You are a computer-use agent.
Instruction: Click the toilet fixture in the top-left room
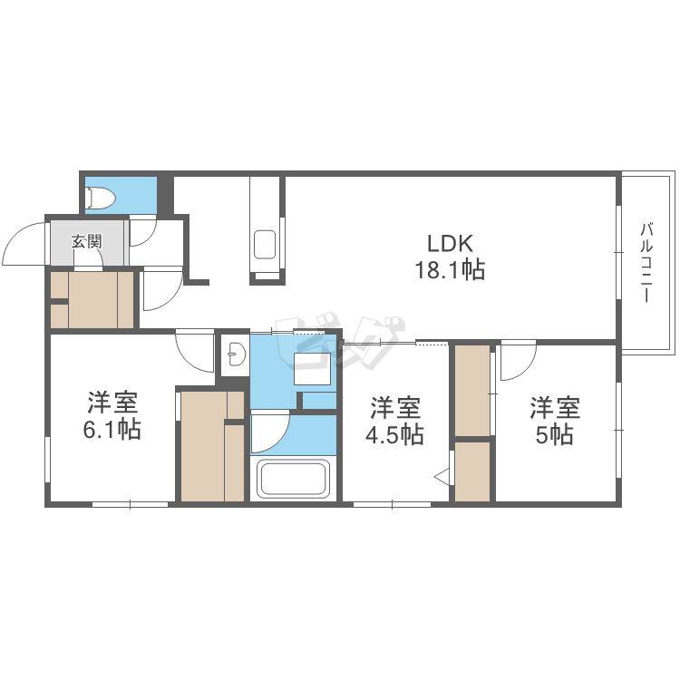click(101, 199)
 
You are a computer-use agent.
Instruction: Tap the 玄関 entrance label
click(87, 241)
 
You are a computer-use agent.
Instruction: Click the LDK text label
click(450, 244)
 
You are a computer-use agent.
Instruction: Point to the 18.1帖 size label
click(450, 270)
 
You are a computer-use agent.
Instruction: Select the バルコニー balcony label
click(647, 262)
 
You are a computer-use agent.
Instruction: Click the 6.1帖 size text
click(112, 430)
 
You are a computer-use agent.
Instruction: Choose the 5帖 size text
click(555, 434)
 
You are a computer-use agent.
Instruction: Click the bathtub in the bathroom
click(293, 478)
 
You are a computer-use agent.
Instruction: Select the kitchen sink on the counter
click(265, 244)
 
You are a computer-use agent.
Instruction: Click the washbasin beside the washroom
click(237, 354)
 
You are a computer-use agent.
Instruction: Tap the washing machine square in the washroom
click(312, 369)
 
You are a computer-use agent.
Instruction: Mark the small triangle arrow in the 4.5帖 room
click(442, 478)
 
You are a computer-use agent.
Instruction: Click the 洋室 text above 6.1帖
click(112, 402)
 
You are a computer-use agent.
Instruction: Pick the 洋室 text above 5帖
click(555, 407)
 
